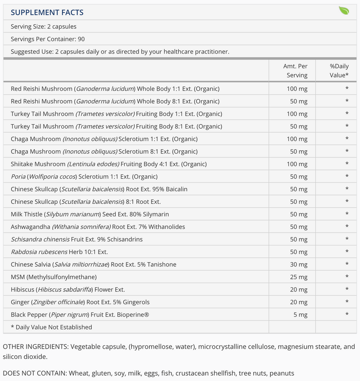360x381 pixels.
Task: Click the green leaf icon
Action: pyautogui.click(x=344, y=11)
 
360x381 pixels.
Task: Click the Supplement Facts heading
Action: pyautogui.click(x=47, y=12)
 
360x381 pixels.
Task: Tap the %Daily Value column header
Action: pyautogui.click(x=339, y=71)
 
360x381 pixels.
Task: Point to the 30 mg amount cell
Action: pyautogui.click(x=297, y=264)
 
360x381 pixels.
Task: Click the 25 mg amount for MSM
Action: pyautogui.click(x=297, y=277)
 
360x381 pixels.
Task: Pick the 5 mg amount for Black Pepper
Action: pyautogui.click(x=299, y=315)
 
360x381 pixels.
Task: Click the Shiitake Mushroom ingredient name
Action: pyautogui.click(x=38, y=164)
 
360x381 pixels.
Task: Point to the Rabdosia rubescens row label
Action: pyautogui.click(x=59, y=252)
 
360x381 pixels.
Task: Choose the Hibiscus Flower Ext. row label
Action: pyautogui.click(x=67, y=290)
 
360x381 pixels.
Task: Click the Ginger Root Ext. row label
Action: pyautogui.click(x=80, y=302)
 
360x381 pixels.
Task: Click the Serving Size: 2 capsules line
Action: pyautogui.click(x=44, y=27)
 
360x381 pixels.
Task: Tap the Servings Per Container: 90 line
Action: pyautogui.click(x=48, y=39)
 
